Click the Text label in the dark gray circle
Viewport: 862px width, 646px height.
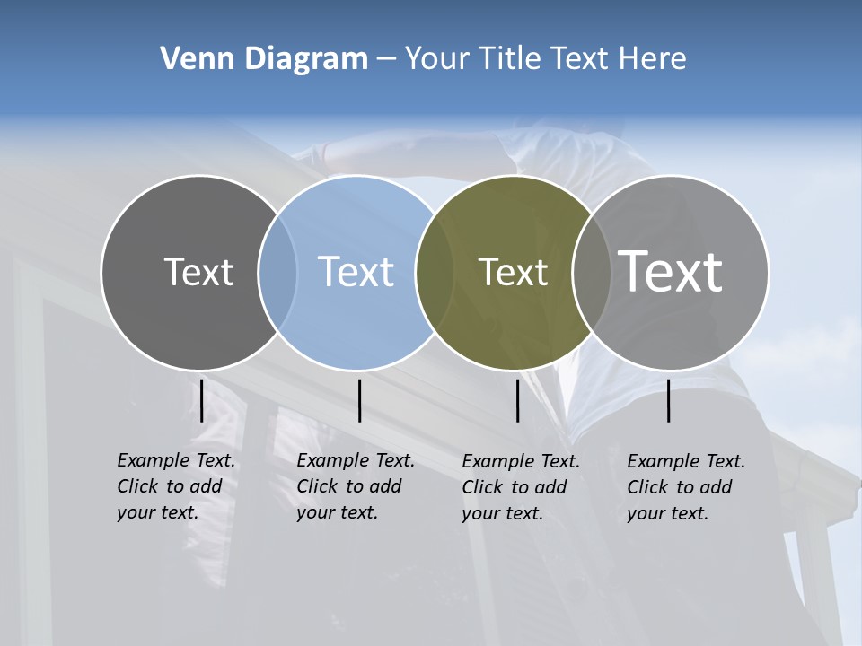coord(198,272)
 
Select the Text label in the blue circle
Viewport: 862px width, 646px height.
coord(356,272)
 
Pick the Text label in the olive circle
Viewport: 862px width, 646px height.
coord(513,272)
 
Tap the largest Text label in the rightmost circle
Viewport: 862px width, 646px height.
coord(671,271)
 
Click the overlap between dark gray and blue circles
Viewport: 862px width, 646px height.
coord(277,273)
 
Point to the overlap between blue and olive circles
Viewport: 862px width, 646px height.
coord(434,273)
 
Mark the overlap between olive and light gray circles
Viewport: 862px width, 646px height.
coord(592,273)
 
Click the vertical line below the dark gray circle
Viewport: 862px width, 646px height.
coord(202,400)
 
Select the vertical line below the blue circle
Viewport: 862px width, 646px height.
coord(359,400)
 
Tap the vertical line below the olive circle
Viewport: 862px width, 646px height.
coord(517,400)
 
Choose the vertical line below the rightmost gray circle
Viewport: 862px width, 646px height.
coord(668,400)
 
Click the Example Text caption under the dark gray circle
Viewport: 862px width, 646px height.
coord(176,486)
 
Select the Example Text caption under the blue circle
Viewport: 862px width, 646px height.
coord(356,486)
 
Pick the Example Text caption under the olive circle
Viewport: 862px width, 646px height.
coord(521,487)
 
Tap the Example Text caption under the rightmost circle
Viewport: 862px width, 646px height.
coord(686,487)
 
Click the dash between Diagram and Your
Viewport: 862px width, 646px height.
coord(386,59)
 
